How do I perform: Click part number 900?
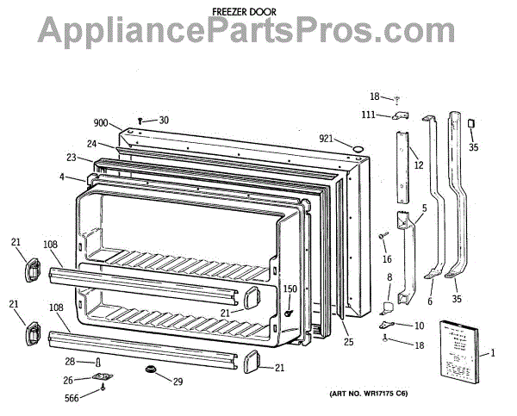pos(103,123)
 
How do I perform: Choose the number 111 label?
pos(368,115)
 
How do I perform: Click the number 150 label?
pos(291,289)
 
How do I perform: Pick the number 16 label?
pos(387,258)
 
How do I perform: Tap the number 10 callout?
pos(419,326)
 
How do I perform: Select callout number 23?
pos(71,158)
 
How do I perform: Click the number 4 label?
pos(62,177)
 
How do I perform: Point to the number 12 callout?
pos(419,165)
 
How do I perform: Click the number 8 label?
pos(389,277)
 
